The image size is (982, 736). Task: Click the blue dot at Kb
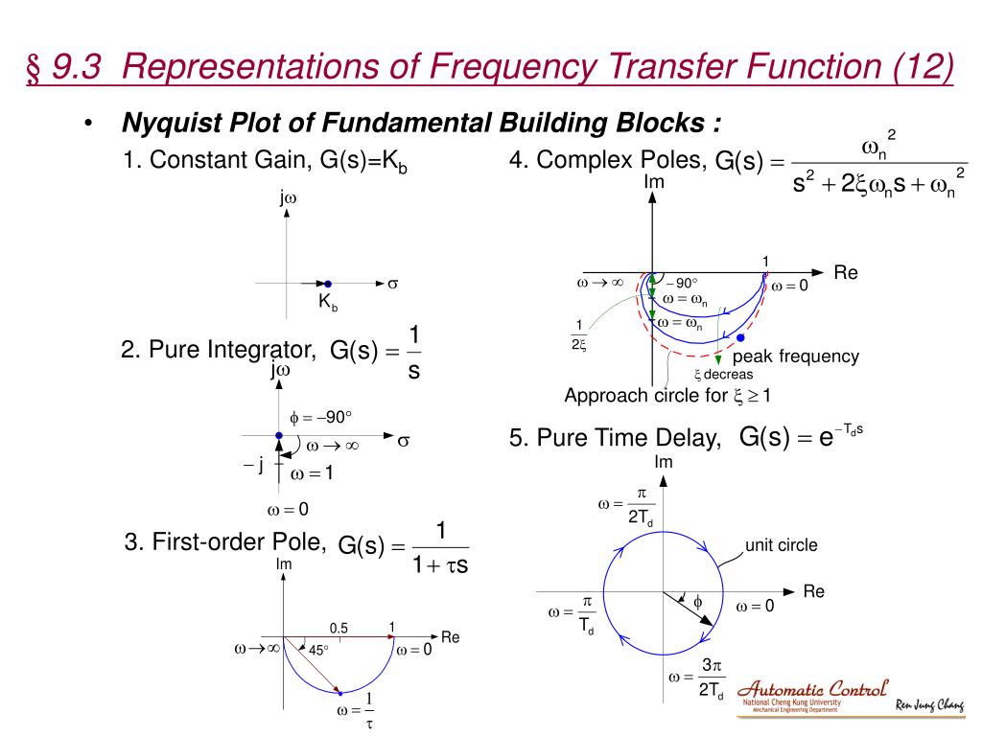click(x=327, y=284)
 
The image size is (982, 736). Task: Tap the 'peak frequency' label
click(x=796, y=356)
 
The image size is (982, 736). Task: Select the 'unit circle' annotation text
click(x=782, y=545)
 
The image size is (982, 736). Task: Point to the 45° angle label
click(x=318, y=650)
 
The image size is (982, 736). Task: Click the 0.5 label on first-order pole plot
click(x=339, y=628)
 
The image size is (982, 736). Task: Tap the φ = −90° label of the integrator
click(x=321, y=417)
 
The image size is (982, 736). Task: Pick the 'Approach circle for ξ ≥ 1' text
click(x=668, y=396)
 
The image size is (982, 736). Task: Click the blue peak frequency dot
click(x=739, y=337)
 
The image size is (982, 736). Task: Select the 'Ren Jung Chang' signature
click(x=929, y=706)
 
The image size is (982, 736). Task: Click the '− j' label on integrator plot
click(x=253, y=466)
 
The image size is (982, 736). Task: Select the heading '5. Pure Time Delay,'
click(x=616, y=439)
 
